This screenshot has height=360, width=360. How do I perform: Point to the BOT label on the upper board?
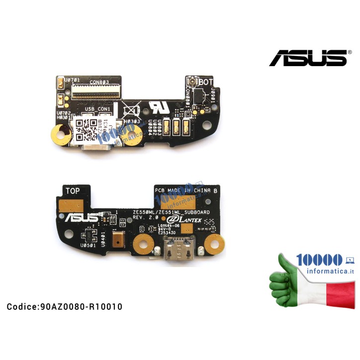205,82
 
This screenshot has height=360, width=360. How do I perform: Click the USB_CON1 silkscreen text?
97,109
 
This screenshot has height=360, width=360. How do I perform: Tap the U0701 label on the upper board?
69,80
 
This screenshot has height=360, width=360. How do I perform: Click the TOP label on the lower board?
73,190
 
